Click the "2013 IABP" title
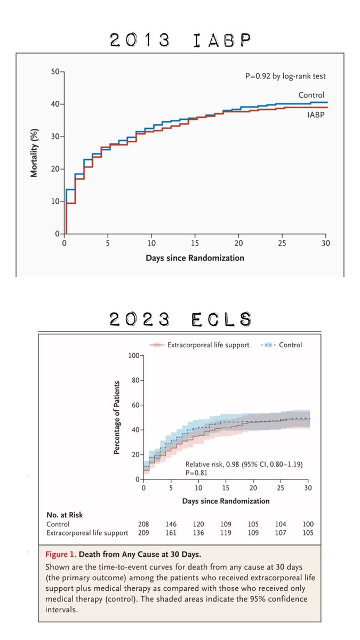coord(180,39)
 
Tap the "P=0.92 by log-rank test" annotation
coord(285,76)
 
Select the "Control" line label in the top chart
coord(311,95)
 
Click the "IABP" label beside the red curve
coord(316,115)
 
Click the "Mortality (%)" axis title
coord(34,153)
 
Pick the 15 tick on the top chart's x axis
coord(195,243)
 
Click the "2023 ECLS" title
coord(180,319)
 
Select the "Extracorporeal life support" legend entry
coord(199,345)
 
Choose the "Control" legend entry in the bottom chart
coord(281,345)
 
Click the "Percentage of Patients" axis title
coord(117,418)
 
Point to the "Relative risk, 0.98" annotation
coord(212,464)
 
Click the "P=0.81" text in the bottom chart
coord(196,473)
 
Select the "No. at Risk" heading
coord(65,515)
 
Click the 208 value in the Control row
coord(143,524)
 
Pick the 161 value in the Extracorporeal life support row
coord(171,533)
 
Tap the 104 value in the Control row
coord(281,524)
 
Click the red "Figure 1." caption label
coord(61,555)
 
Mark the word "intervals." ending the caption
coord(61,610)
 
